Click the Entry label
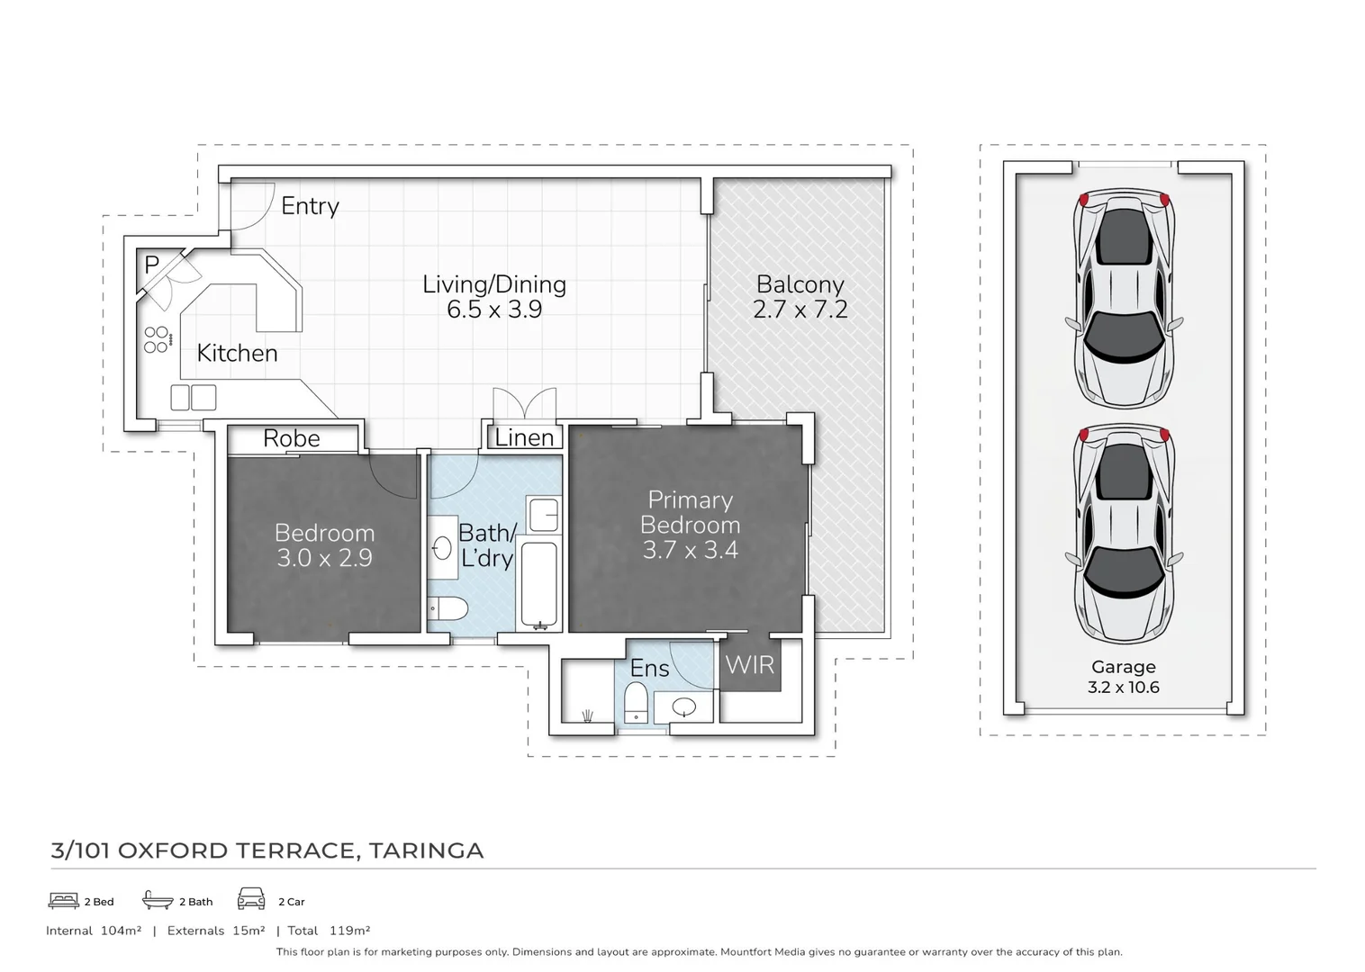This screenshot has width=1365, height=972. (310, 206)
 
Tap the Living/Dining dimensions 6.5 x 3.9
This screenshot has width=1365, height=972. (494, 310)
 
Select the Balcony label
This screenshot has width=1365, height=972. (800, 285)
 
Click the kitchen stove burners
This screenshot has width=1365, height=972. (158, 339)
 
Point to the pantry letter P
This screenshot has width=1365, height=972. (152, 265)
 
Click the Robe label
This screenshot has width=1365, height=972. (292, 438)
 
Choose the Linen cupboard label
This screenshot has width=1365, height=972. (524, 437)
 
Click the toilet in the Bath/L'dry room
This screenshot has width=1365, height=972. (447, 607)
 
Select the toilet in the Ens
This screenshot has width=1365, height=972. (636, 702)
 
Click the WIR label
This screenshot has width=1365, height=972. (749, 665)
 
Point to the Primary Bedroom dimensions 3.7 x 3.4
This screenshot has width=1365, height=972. (691, 550)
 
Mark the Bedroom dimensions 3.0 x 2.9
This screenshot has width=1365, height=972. (324, 558)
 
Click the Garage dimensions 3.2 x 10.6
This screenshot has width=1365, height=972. (1124, 687)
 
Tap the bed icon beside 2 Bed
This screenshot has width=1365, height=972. (63, 901)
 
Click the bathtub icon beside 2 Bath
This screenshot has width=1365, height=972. (158, 899)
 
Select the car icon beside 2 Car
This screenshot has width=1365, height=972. (251, 899)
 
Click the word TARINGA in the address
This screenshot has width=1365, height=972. (426, 850)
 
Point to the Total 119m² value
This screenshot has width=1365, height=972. (349, 931)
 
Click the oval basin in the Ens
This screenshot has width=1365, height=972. (683, 707)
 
